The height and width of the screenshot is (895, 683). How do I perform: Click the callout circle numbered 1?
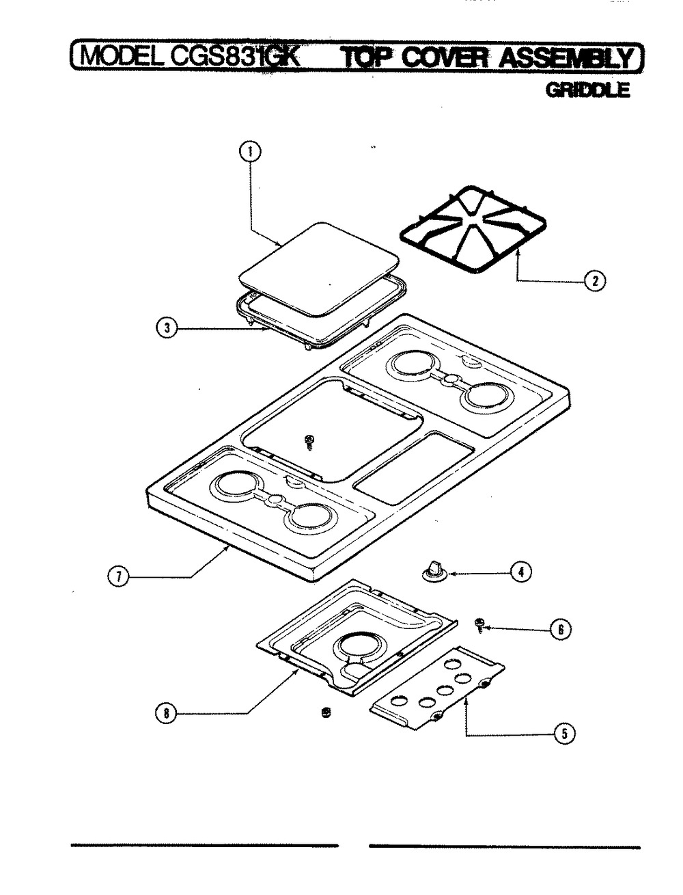coord(250,151)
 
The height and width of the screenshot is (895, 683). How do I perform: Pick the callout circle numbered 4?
coord(521,572)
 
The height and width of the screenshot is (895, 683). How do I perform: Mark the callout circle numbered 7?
coord(118,577)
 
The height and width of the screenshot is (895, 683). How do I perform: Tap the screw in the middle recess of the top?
coord(309,441)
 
